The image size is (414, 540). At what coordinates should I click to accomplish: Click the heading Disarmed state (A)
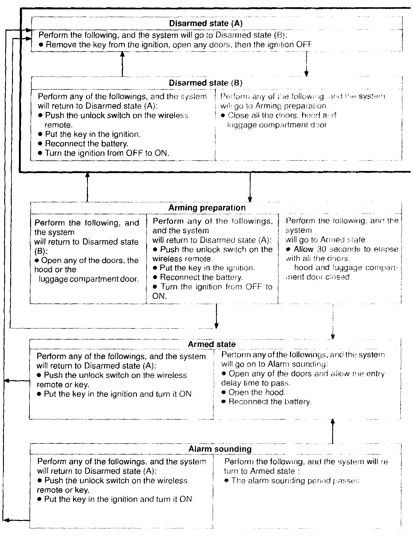(x=205, y=23)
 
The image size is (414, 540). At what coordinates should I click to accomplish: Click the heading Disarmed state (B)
(x=205, y=83)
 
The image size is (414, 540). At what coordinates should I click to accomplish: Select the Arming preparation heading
(x=207, y=208)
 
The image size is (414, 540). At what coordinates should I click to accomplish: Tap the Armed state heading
(x=212, y=344)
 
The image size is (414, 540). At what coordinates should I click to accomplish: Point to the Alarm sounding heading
(x=220, y=449)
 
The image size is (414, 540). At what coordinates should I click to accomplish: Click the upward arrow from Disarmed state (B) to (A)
(x=122, y=64)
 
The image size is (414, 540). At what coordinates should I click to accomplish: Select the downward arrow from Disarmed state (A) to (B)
(x=306, y=64)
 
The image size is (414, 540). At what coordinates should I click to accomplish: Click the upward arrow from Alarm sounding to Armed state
(x=332, y=430)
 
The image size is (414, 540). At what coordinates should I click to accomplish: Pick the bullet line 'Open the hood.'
(x=257, y=392)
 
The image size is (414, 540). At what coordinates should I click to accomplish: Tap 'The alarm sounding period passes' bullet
(x=295, y=481)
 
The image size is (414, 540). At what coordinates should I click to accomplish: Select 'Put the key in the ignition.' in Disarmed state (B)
(x=93, y=134)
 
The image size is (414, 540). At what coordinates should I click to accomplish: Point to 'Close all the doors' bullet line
(x=282, y=115)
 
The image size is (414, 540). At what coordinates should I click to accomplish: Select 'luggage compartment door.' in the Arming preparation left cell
(x=89, y=279)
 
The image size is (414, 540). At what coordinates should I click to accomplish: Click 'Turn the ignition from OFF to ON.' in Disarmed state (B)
(x=107, y=153)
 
